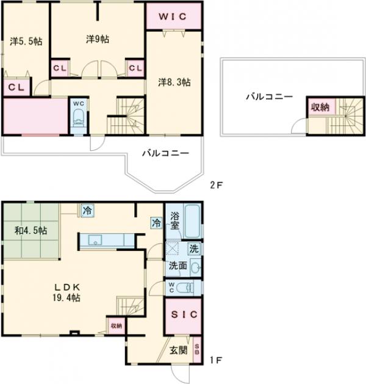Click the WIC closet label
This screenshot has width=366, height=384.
173,16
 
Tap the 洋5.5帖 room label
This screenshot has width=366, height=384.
26,41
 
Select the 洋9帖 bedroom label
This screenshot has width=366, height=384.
98,39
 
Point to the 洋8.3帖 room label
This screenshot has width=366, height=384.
174,82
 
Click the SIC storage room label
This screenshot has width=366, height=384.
184,314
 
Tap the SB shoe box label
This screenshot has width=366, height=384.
197,350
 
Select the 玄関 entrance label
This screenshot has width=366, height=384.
178,350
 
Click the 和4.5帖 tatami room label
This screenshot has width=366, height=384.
31,230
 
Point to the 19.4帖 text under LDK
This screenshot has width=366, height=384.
66,298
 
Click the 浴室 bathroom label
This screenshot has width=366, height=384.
174,221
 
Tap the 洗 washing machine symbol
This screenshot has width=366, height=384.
194,249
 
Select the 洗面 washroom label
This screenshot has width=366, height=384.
178,266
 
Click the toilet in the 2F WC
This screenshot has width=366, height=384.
79,117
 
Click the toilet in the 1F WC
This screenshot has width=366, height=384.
184,288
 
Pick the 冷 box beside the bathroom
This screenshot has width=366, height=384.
157,223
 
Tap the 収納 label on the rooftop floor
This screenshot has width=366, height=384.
320,107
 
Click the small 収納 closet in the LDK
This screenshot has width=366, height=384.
117,326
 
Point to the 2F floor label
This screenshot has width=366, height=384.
217,185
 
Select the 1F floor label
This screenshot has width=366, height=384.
217,360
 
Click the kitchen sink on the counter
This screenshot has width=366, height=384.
95,240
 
